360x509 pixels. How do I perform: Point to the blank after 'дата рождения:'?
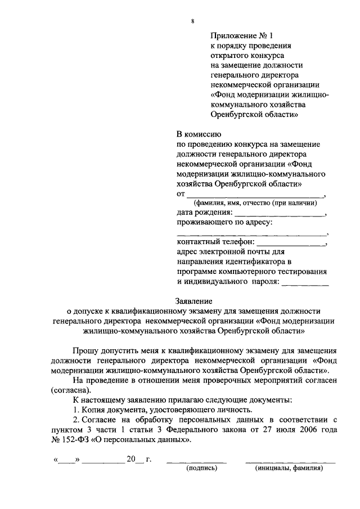280,214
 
